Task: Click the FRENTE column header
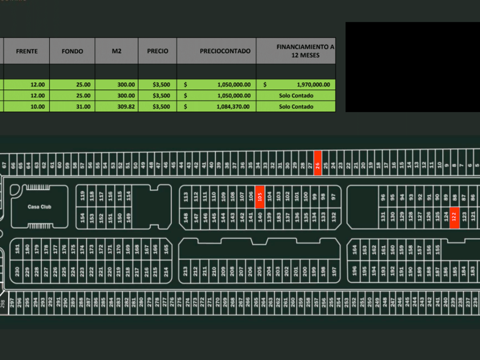point(27,51)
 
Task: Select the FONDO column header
point(73,51)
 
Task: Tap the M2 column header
point(117,51)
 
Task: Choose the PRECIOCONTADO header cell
point(225,51)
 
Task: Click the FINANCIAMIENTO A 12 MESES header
point(305,51)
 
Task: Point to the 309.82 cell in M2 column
point(117,106)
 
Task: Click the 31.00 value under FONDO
point(73,106)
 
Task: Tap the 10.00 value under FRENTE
point(27,106)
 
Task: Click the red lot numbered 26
point(318,163)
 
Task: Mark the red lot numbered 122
point(454,217)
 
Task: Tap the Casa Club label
point(39,206)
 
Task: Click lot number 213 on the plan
point(186,270)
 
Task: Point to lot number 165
point(166,249)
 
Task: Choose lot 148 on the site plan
point(186,217)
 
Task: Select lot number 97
point(333,196)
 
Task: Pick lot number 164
point(355,249)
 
